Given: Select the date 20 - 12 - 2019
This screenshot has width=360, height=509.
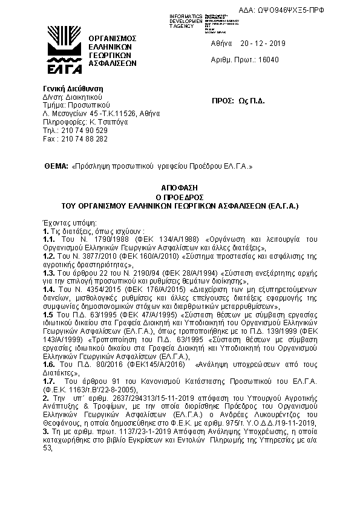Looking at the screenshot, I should coord(259,44).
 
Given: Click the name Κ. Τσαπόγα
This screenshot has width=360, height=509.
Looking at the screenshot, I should coord(97,122).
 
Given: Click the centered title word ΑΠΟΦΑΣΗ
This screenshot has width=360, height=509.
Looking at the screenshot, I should coord(180,189).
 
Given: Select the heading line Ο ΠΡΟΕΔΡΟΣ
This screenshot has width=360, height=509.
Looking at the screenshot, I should coord(180,197).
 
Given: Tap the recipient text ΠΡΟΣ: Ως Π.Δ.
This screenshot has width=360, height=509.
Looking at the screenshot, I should coord(240,100).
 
